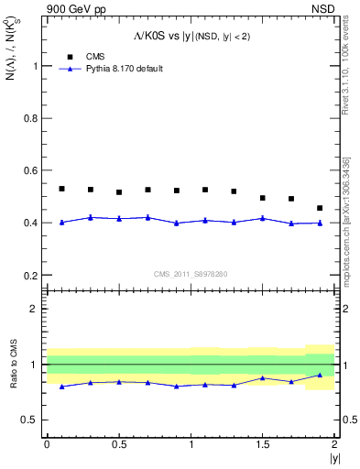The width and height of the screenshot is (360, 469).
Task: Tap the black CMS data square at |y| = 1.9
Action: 320,208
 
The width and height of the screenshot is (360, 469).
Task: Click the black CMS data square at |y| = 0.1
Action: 61,189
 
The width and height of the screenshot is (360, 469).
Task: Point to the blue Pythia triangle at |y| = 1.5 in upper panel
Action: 262,218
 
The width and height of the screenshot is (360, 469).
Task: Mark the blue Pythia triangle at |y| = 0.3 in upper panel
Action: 90,217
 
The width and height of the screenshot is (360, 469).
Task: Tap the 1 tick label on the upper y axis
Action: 35,66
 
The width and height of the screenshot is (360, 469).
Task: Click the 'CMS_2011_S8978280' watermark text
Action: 190,274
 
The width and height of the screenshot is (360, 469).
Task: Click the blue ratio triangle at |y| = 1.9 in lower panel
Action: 320,375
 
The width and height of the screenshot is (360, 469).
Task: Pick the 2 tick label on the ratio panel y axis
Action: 35,309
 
